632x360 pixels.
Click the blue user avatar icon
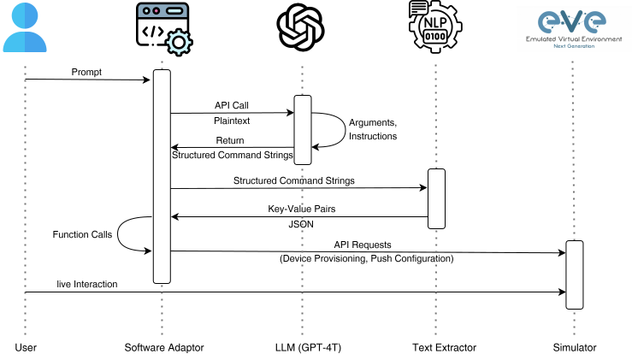coord(25,27)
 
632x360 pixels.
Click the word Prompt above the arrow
coord(86,73)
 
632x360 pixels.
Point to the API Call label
coord(232,105)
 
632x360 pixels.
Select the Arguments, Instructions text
coord(373,129)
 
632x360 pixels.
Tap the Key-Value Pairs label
coord(301,208)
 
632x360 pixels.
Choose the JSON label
coord(301,225)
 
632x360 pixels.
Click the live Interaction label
coord(87,283)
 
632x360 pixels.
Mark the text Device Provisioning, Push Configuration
coord(366,258)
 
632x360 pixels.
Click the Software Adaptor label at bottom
coord(162,347)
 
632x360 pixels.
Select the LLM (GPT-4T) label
coord(303,347)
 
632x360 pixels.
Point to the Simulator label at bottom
coord(574,347)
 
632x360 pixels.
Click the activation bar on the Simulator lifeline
coord(574,274)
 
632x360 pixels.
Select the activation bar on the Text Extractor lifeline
coord(436,198)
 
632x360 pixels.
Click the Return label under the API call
coord(230,140)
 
